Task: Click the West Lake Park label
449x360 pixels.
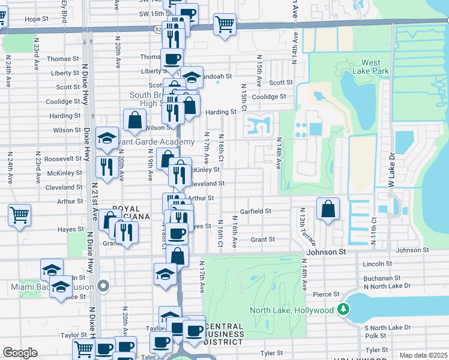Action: click(375, 67)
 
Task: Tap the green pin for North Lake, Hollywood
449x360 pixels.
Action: click(343, 310)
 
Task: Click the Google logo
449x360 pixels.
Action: click(20, 352)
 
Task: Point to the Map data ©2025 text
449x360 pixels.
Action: click(423, 355)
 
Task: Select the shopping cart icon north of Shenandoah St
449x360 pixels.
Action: click(224, 26)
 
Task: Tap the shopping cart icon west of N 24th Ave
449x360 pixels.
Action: click(19, 215)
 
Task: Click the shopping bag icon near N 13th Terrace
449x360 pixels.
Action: click(328, 209)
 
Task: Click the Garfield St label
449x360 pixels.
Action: click(256, 211)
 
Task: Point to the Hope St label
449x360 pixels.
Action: click(37, 19)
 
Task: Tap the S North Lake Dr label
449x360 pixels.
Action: click(388, 328)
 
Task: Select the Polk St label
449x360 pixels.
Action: click(376, 336)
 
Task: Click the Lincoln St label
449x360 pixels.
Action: click(377, 263)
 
